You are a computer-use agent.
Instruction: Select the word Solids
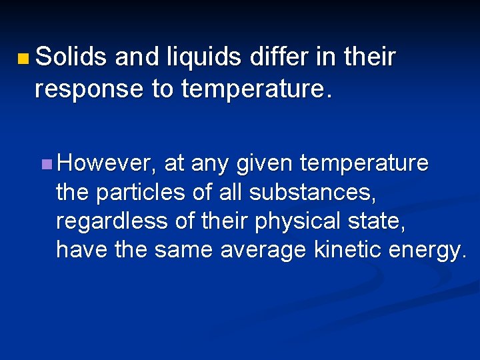click(71, 58)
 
